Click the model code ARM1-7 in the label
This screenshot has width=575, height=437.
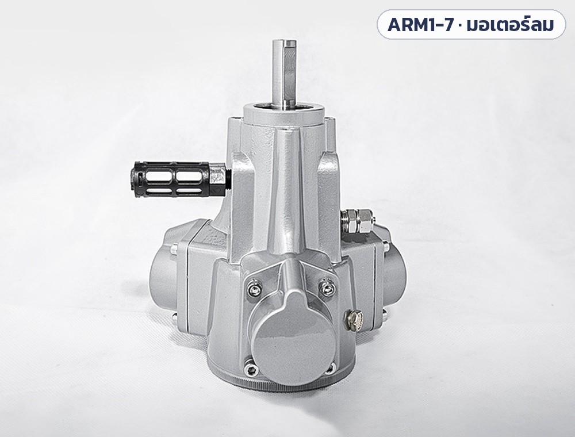coord(420,25)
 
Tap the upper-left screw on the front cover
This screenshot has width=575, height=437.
coord(252,290)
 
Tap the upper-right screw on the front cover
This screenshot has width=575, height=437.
coord(327,289)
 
